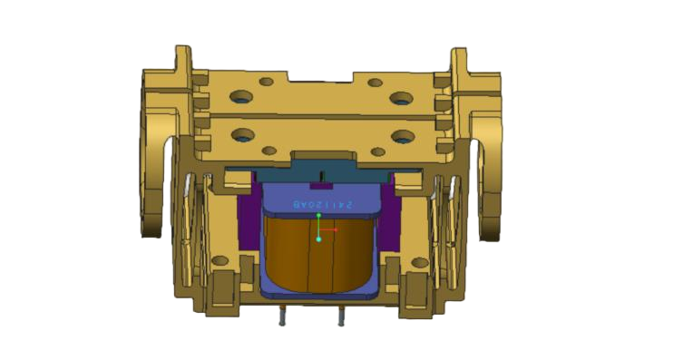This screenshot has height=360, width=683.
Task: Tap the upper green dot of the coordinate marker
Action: pos(318,216)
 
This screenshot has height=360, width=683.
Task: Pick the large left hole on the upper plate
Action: pos(242,96)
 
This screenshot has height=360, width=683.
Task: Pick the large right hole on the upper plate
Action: pos(400,97)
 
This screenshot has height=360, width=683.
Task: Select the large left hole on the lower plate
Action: pos(242,135)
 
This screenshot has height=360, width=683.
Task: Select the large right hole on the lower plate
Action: pos(403,137)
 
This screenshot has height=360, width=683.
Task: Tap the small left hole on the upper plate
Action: pos(267,82)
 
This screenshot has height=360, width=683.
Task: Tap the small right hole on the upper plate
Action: pos(375,83)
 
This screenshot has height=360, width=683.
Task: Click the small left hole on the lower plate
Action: pos(268,150)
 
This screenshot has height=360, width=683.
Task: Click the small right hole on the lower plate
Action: pos(376,151)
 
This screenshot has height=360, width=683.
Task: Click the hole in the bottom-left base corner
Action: pos(220,261)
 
